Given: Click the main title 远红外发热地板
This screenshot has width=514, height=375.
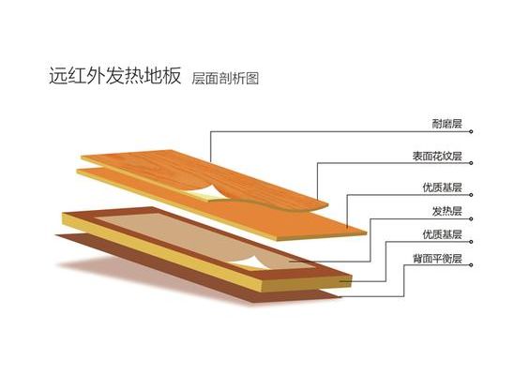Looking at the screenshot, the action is point(115,76).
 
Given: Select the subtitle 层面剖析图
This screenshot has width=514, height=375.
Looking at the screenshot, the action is point(225,79).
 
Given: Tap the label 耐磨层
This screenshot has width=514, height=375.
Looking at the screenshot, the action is point(446,124).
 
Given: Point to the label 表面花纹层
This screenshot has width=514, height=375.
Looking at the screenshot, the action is point(437,156).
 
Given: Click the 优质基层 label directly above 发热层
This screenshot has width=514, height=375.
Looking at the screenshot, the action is point(442,187).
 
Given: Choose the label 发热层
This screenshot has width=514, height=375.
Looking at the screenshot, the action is point(446,211).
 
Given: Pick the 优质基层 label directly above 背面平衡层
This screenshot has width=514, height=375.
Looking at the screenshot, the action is point(442,234).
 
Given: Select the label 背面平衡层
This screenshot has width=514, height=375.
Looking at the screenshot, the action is point(437,259).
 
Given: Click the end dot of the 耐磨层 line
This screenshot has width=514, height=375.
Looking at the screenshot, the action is point(471,131).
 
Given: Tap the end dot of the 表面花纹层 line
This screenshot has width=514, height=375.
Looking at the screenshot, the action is point(471,163).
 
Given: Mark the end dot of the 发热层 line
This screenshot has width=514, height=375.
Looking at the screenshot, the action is point(471,218).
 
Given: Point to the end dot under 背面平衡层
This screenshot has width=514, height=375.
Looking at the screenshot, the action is point(471,265).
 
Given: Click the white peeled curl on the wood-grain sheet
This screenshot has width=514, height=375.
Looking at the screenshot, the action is point(204,192).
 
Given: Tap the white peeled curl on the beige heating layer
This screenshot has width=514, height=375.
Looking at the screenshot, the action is point(249,262).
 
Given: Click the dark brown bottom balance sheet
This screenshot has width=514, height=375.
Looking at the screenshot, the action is point(197,268).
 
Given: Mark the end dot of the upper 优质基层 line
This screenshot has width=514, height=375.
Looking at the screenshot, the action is point(471,195).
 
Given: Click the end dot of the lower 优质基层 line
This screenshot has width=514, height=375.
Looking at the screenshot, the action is point(471,242).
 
